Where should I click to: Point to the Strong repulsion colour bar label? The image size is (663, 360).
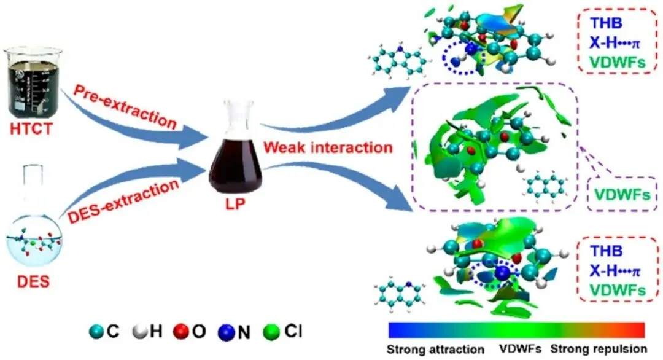598,349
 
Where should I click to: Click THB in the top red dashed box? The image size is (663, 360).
607,23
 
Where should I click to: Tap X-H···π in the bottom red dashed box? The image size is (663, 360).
618,270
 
